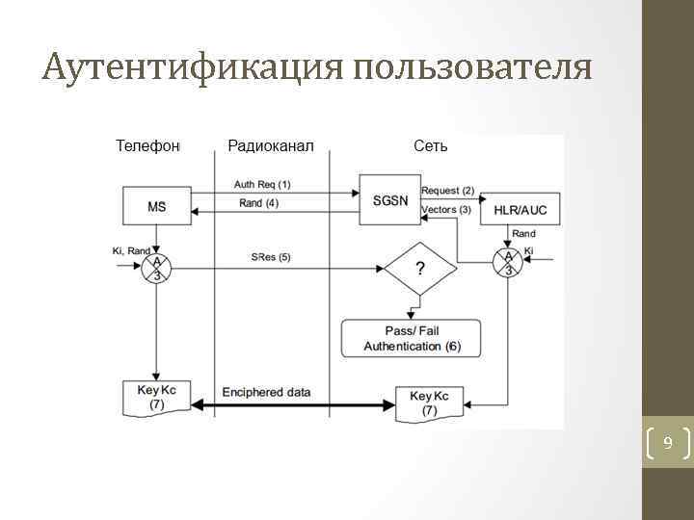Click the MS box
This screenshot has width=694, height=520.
pos(156,207)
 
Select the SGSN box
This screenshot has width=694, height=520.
pos(389,200)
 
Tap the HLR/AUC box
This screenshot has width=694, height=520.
pos(520,209)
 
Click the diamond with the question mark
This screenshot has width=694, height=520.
pos(418,269)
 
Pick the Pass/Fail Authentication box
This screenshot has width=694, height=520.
pos(412,338)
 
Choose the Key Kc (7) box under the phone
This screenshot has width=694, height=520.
pos(157,396)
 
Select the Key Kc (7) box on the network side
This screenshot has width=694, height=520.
pos(429,403)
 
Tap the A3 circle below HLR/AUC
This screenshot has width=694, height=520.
pos(508,262)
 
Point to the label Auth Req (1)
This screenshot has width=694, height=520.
pos(261,184)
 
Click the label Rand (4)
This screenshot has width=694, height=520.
pos(258,203)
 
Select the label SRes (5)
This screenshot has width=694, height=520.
pos(271,257)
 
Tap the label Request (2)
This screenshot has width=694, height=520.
pos(447,191)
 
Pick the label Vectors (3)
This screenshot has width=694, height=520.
pos(446,210)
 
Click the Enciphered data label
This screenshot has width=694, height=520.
pos(266,393)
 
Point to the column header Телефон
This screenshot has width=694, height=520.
pos(148,146)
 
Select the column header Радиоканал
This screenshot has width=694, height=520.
pos(271,146)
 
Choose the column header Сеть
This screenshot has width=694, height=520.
pos(430,146)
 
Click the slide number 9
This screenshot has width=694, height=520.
pos(666,444)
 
